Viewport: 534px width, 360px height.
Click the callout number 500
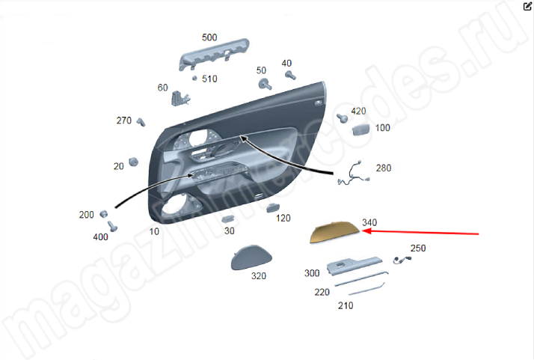coord(209,37)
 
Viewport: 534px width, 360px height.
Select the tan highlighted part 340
coord(334,232)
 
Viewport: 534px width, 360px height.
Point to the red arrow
coord(420,233)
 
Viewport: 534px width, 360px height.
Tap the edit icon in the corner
coord(527,7)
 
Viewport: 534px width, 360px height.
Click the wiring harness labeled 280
coord(354,173)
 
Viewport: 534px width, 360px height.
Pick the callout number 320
coord(259,275)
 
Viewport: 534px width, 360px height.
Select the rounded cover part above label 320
coord(251,257)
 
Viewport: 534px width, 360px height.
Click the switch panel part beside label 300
coord(355,265)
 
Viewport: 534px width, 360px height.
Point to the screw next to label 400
coord(112,226)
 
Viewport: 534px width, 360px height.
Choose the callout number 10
coord(154,231)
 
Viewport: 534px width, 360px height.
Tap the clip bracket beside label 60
coord(180,98)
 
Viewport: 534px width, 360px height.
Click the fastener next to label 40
coord(290,75)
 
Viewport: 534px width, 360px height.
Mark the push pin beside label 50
coord(265,84)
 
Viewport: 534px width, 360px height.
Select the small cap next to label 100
coord(360,129)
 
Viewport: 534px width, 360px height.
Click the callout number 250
coord(418,248)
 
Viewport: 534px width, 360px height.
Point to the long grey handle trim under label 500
coord(214,54)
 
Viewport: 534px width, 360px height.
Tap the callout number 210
coord(346,305)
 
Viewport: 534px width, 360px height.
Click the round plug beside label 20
coord(133,162)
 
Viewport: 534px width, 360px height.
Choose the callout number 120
coord(283,219)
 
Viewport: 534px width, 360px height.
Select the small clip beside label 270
coord(141,122)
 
